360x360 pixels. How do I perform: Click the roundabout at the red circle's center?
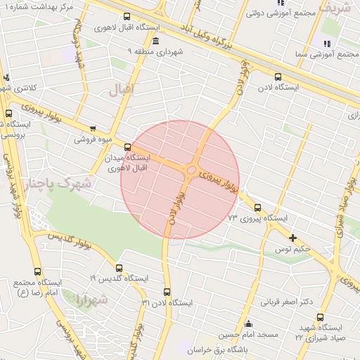tap(191, 169)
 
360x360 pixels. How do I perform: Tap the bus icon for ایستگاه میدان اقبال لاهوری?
tap(127, 147)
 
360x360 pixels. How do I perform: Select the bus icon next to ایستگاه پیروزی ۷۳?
tap(257, 207)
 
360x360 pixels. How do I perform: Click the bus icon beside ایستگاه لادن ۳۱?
tap(167, 291)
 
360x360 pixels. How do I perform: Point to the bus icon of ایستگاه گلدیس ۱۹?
tap(119, 268)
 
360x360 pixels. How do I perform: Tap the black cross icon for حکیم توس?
tap(293, 238)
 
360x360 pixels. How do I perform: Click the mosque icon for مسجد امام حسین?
tap(248, 323)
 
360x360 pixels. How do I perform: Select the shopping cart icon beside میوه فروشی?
tap(94, 129)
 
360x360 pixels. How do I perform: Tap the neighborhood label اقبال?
tap(120, 89)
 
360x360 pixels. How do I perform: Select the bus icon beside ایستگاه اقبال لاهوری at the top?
tap(127, 17)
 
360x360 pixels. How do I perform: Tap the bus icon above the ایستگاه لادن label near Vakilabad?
tap(278, 77)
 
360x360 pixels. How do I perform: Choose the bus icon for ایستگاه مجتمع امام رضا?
tap(37, 271)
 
